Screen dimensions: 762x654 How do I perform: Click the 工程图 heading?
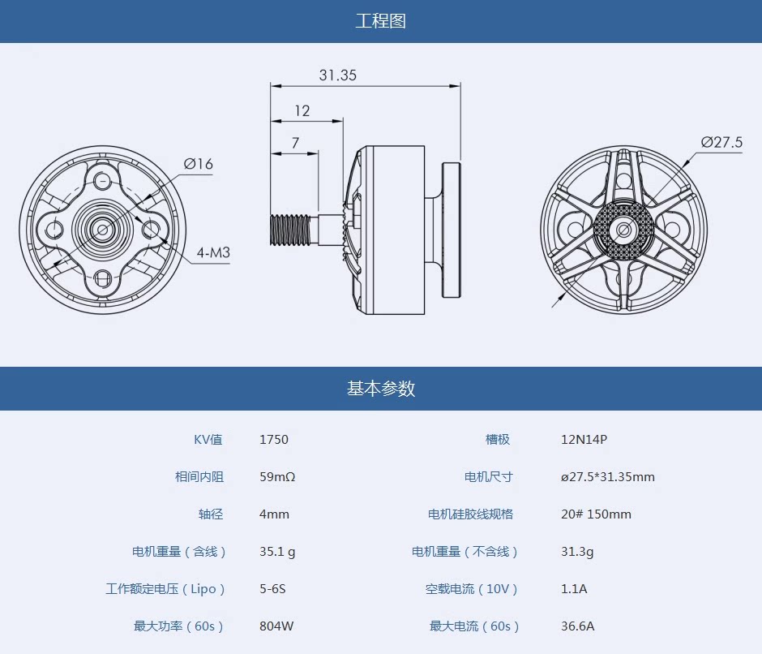click(x=380, y=21)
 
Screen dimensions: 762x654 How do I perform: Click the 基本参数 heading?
click(x=380, y=389)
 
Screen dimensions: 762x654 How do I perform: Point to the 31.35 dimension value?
click(x=337, y=75)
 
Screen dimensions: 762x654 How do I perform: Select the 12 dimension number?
click(x=302, y=111)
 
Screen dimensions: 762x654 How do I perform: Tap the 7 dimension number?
click(x=295, y=143)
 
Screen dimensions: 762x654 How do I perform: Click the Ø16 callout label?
click(x=198, y=164)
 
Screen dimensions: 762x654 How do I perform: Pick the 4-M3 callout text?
click(x=213, y=252)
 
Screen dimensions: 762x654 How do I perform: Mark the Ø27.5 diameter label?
click(x=721, y=143)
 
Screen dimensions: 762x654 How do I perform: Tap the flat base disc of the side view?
click(x=452, y=230)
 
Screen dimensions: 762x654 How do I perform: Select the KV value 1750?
click(x=274, y=440)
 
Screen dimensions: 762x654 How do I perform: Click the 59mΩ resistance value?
click(x=277, y=477)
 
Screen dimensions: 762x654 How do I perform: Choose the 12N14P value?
click(x=584, y=440)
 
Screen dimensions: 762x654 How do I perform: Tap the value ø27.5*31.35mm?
click(x=607, y=477)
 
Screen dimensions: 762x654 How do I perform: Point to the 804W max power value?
click(x=276, y=626)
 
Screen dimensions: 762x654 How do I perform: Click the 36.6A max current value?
click(x=578, y=626)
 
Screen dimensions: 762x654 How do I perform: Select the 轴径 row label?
click(x=211, y=514)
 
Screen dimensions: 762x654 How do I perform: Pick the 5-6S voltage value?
click(x=272, y=589)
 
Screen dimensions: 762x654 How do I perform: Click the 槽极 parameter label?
click(x=498, y=440)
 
